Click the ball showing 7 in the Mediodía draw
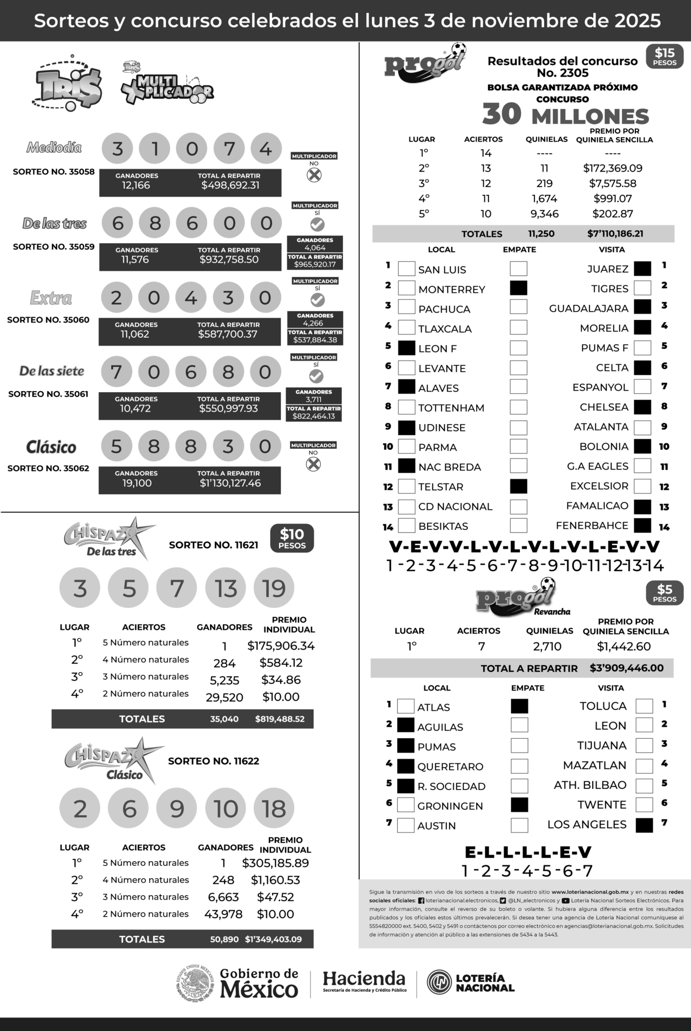[229, 148]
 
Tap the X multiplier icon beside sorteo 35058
[314, 175]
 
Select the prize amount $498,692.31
[231, 185]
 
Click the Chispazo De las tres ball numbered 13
[226, 588]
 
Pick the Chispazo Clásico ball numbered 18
[274, 808]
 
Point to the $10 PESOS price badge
[292, 538]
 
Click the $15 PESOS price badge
[665, 56]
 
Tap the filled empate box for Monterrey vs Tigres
[518, 288]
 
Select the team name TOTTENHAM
[451, 408]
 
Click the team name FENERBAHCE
[592, 525]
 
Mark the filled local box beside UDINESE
[407, 427]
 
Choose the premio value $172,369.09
[613, 168]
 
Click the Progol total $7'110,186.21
[615, 234]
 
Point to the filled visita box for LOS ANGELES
[644, 825]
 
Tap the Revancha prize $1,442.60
[624, 646]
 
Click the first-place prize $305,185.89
[275, 863]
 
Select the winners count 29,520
[225, 697]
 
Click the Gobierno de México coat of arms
[195, 984]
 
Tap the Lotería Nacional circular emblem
[439, 982]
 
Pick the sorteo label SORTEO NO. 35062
[48, 468]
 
